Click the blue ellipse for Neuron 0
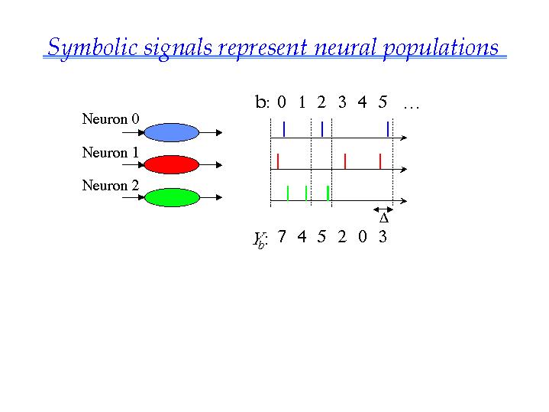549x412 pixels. click(172, 132)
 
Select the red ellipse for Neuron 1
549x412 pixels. click(172, 164)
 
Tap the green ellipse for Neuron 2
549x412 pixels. click(173, 197)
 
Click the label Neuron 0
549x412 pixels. click(111, 119)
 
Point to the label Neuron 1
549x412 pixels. click(111, 153)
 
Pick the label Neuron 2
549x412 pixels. click(111, 186)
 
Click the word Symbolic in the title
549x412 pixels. click(92, 48)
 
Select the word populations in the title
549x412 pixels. click(441, 49)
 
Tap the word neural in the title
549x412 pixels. click(345, 47)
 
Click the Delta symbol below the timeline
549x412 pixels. click(384, 219)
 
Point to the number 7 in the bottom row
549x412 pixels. click(282, 236)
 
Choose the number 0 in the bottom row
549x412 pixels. click(363, 237)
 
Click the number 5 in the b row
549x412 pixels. click(383, 102)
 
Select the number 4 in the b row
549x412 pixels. click(362, 102)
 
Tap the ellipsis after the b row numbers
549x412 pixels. click(412, 107)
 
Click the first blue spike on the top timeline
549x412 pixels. click(284, 129)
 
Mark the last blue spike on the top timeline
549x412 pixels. click(388, 129)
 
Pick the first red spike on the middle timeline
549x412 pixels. click(278, 161)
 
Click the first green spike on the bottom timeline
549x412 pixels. click(288, 193)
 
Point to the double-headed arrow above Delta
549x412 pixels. click(383, 209)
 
